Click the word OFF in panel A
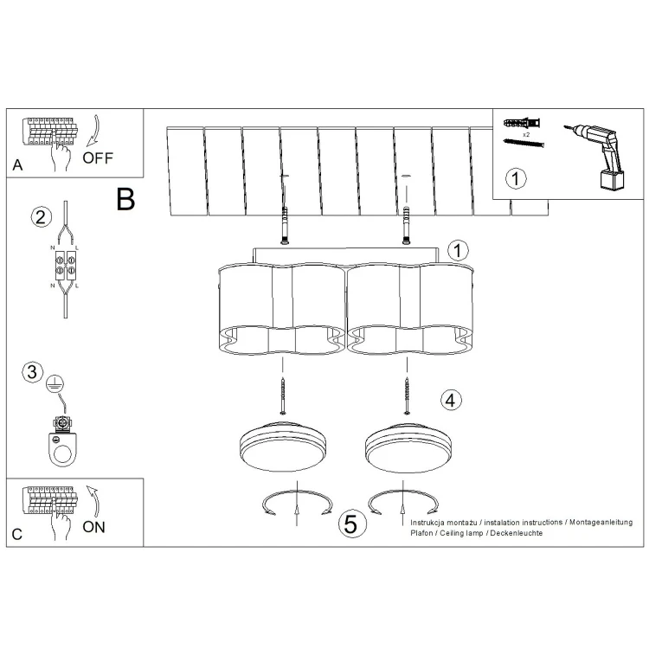tap(98, 157)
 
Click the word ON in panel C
tap(93, 527)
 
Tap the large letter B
tap(125, 199)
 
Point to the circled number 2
tap(42, 217)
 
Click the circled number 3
tap(32, 371)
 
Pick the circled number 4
tap(450, 401)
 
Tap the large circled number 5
tap(352, 524)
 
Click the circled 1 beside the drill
tap(516, 179)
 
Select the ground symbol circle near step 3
tap(55, 383)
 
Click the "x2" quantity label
tap(526, 134)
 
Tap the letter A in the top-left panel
tap(17, 165)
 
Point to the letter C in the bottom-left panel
tap(17, 534)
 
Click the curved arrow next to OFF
tap(93, 131)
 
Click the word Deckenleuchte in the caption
tap(516, 533)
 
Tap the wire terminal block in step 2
tap(66, 265)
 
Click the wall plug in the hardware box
tap(522, 123)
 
